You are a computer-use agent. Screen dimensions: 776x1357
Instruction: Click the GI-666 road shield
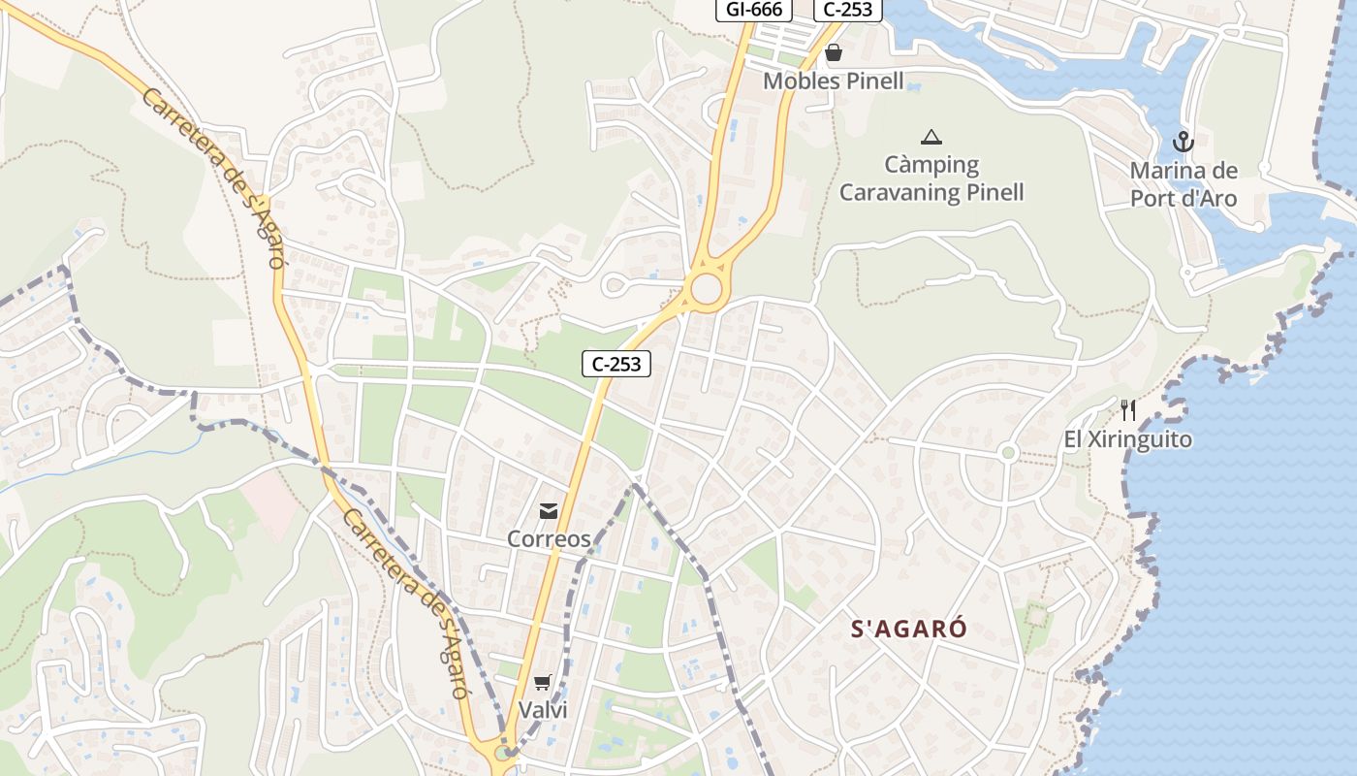753,10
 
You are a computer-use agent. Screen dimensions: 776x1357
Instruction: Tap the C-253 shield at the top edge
848,10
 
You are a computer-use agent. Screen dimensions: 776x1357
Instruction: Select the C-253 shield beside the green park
616,364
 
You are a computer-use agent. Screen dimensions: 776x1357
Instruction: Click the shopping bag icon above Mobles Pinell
834,52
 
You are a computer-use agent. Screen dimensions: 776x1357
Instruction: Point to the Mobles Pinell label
833,81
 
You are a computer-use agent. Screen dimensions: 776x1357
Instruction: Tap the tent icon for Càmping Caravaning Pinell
931,137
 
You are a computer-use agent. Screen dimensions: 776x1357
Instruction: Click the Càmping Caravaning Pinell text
931,178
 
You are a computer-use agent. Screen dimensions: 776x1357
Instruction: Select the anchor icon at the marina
1183,142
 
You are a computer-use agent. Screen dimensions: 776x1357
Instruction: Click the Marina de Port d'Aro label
1183,184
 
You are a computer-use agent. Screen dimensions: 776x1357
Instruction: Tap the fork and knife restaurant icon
1127,410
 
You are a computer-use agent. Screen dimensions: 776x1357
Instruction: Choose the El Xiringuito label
1127,439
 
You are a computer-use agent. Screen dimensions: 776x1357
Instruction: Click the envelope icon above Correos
549,511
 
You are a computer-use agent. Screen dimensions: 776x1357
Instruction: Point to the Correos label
549,538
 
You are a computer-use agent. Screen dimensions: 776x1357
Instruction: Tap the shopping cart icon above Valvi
542,683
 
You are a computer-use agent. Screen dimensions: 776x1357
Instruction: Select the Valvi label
543,710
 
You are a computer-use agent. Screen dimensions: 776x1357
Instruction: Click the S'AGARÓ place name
908,629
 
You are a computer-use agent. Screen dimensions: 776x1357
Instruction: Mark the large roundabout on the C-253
707,289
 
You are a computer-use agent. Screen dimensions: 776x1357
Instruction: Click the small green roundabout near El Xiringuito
1008,452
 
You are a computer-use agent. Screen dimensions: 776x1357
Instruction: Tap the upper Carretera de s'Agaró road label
214,178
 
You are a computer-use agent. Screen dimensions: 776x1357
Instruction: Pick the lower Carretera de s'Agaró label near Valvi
407,601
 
